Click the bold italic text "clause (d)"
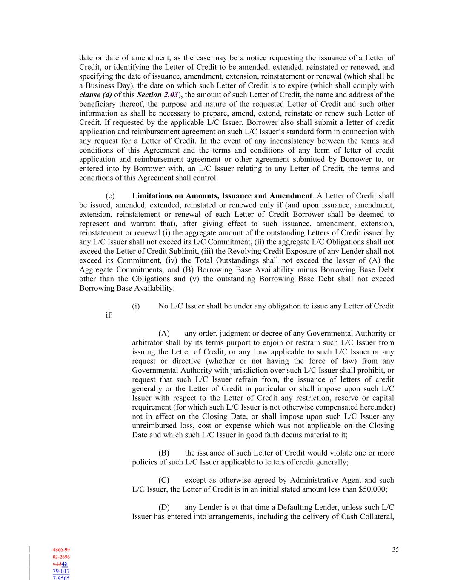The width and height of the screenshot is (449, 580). pos(96,95)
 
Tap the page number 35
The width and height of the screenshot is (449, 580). pos(395,549)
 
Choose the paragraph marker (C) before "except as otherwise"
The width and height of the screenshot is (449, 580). pos(164,480)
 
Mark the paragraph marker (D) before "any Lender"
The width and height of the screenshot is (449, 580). pos(164,507)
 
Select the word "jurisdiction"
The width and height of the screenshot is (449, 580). pos(247,370)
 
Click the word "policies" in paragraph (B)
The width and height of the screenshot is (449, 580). pos(144,462)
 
